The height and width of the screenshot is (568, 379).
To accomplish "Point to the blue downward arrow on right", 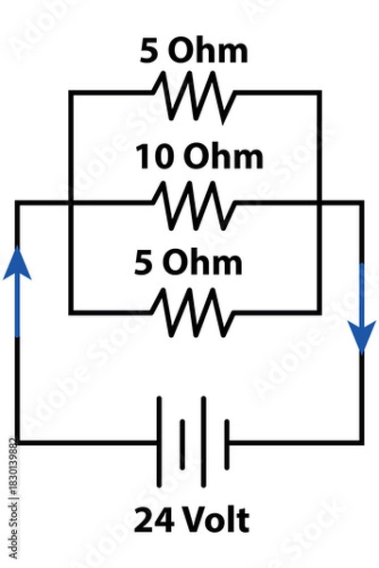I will (x=362, y=322).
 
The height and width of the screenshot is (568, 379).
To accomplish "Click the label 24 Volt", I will (x=193, y=520).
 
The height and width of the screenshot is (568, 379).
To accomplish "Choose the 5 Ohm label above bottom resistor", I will (x=194, y=261).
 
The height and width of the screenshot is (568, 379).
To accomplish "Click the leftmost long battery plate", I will (x=159, y=441).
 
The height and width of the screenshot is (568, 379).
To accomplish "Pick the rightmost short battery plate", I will (x=228, y=441).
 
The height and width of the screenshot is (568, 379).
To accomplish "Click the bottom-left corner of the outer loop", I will (x=17, y=442).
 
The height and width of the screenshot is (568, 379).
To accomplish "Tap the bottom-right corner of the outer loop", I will (x=362, y=442).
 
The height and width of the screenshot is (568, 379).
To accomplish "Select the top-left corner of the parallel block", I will (x=69, y=93).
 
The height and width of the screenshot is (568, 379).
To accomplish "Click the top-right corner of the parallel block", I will (x=319, y=93).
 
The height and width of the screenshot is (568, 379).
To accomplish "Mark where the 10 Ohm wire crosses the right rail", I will (x=319, y=202).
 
